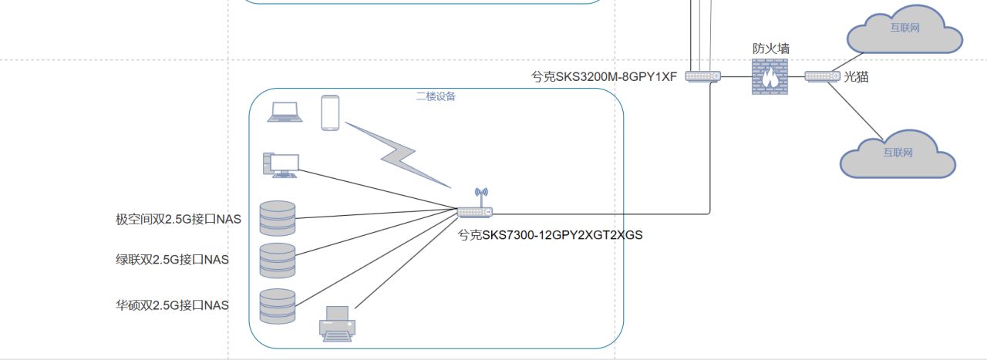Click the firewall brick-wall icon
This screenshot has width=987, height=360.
point(769,77)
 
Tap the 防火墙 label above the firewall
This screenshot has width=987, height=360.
point(771,49)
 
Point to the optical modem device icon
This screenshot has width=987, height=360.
point(822,76)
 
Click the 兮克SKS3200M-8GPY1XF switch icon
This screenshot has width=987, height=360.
point(702,76)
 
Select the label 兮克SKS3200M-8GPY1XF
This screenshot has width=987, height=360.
point(604,76)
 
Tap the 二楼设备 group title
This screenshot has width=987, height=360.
point(436,96)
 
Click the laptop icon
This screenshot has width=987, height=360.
point(284,113)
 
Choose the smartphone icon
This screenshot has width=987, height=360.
point(330,113)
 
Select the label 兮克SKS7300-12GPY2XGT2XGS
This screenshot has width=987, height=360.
point(550,235)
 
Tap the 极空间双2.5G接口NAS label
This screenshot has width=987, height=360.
point(178,219)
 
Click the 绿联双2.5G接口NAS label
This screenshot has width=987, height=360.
point(172,260)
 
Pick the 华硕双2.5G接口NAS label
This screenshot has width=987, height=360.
point(172,305)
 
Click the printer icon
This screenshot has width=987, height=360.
point(337,323)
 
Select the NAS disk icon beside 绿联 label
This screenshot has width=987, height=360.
point(278,261)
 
